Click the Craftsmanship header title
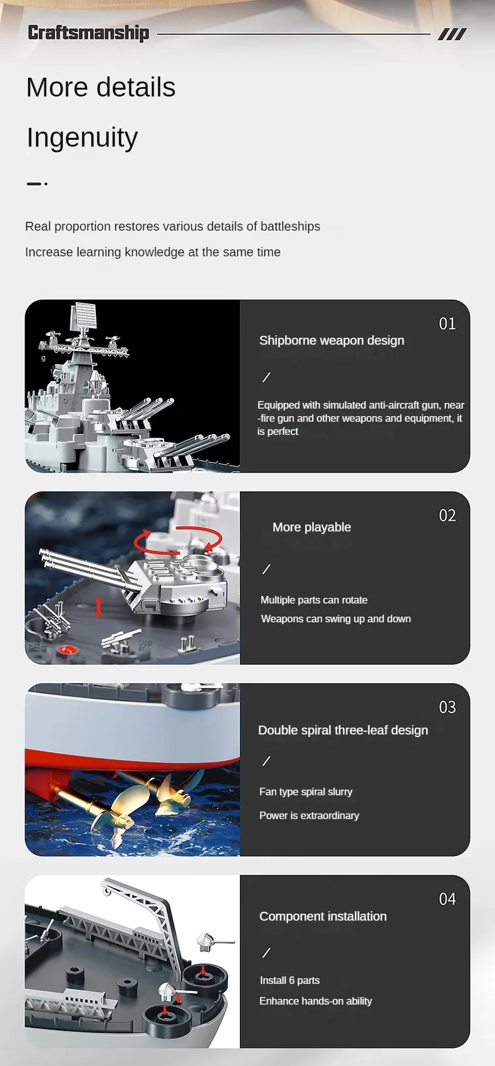point(88,33)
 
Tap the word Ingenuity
point(82,137)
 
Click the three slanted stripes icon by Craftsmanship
point(452,34)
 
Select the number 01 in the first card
point(447,323)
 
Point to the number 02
point(447,515)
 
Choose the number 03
point(447,707)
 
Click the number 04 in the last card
point(447,899)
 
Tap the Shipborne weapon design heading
point(331,340)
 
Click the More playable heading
point(311,527)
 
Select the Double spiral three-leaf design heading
point(343,730)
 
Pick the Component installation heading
point(323,916)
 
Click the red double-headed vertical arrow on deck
point(98,607)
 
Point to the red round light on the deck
point(66,650)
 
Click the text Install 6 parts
point(289,980)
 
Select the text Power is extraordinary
point(309,815)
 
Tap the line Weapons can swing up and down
point(336,619)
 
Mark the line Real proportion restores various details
point(172,226)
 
